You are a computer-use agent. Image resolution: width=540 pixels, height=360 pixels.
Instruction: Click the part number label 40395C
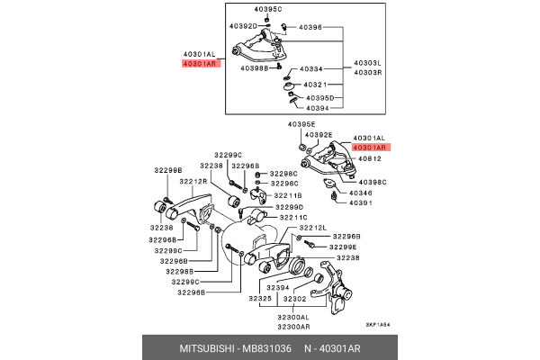click(x=266, y=9)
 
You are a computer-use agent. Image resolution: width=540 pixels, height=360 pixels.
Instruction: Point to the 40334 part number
click(x=311, y=68)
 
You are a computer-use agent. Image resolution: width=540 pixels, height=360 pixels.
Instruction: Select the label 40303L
click(x=368, y=62)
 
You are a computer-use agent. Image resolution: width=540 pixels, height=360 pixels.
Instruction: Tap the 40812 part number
click(x=369, y=158)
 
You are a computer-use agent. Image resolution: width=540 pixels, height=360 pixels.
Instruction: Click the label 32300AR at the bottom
click(x=292, y=327)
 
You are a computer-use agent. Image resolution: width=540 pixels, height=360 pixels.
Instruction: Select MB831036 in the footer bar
click(x=265, y=347)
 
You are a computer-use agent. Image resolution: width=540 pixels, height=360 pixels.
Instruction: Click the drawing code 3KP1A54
click(x=379, y=326)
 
